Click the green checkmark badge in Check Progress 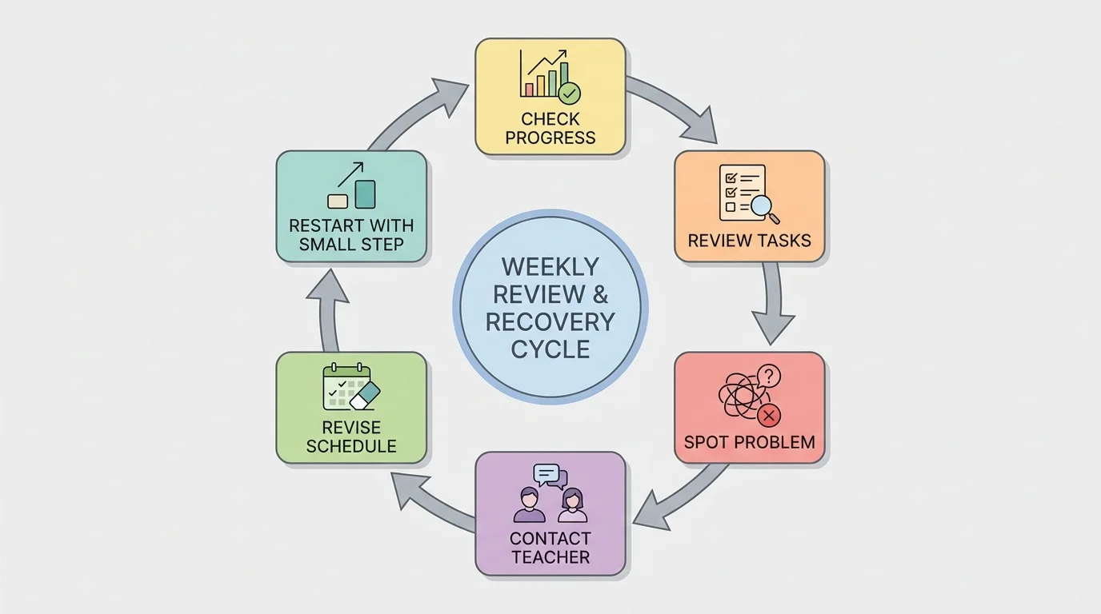click(x=570, y=93)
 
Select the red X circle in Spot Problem click(x=769, y=415)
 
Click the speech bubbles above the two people click(x=550, y=476)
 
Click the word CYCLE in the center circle click(x=550, y=349)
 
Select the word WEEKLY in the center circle click(x=550, y=267)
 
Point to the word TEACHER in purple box click(x=550, y=557)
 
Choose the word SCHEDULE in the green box click(x=351, y=446)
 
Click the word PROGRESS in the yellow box click(x=550, y=138)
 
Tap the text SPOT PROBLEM click(x=750, y=442)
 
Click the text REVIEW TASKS click(x=750, y=241)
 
